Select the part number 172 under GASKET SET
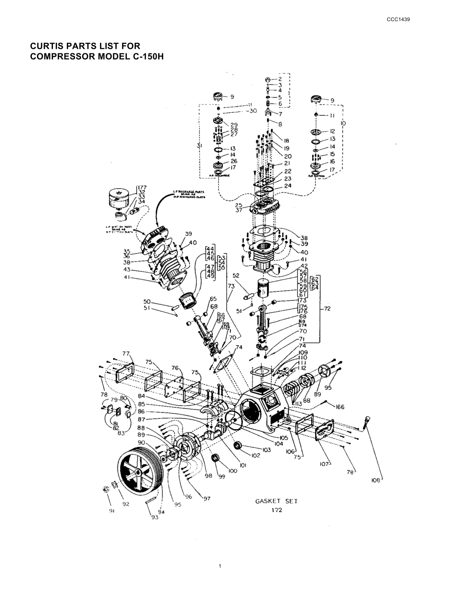click(x=277, y=510)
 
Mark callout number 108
click(x=376, y=480)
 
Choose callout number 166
click(x=340, y=407)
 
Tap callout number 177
click(x=142, y=188)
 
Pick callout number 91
click(x=112, y=511)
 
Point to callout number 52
click(x=236, y=276)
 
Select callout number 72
click(x=328, y=309)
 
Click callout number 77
click(x=125, y=354)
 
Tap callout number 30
click(x=253, y=111)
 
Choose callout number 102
click(x=256, y=456)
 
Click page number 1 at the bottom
click(x=220, y=566)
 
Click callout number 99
click(x=222, y=477)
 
